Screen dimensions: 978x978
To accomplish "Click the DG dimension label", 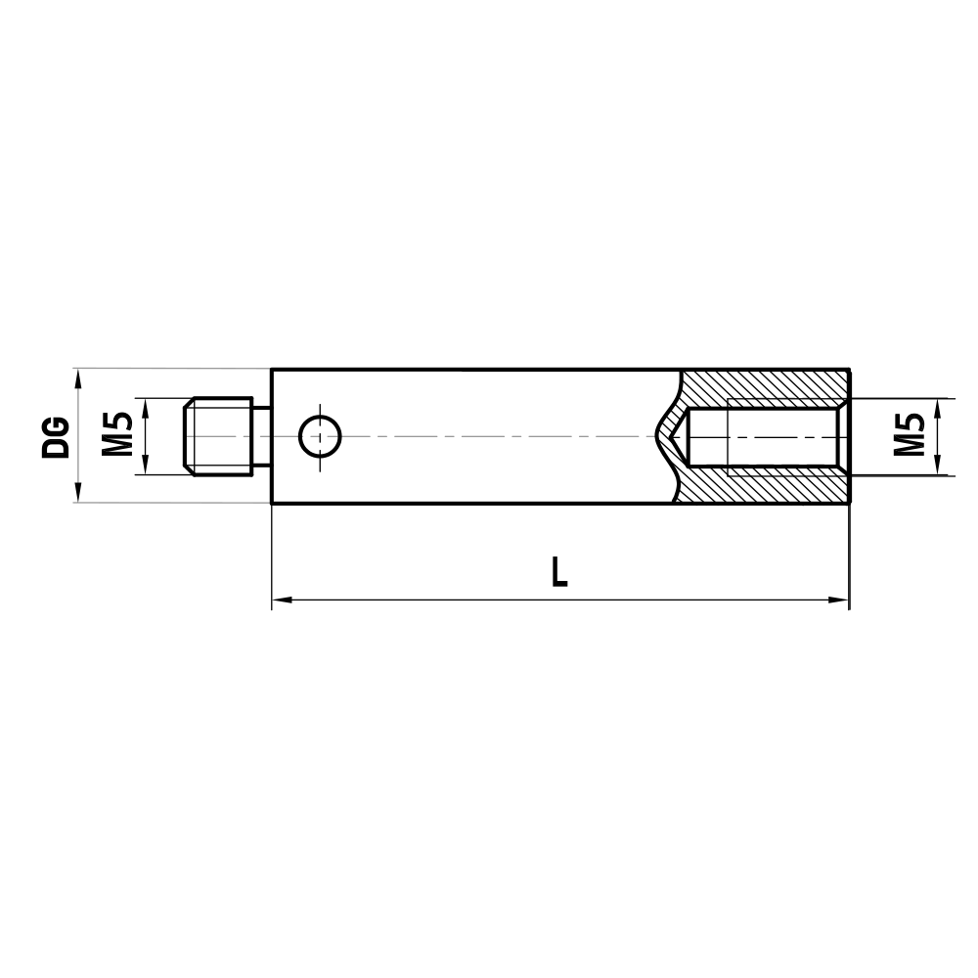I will tap(58, 437).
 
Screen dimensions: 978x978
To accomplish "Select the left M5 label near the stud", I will tap(116, 434).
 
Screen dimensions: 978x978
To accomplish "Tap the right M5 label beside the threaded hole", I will tap(909, 434).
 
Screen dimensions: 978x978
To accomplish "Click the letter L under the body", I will tap(558, 571).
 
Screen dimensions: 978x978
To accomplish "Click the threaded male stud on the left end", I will tap(220, 436).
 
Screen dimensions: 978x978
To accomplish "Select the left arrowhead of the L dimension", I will tap(279, 600).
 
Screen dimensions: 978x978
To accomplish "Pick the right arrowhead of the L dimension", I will tap(840, 600).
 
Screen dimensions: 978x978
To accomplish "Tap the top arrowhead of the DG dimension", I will tap(77, 377).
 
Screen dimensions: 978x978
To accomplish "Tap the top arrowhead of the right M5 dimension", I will tap(938, 406).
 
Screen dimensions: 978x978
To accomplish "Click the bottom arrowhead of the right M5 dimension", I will tap(938, 467).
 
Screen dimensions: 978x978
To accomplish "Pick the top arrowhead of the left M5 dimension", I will tap(145, 405).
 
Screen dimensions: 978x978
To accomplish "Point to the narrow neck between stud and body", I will tap(262, 436).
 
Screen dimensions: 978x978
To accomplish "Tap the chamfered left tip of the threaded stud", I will tap(189, 436).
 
